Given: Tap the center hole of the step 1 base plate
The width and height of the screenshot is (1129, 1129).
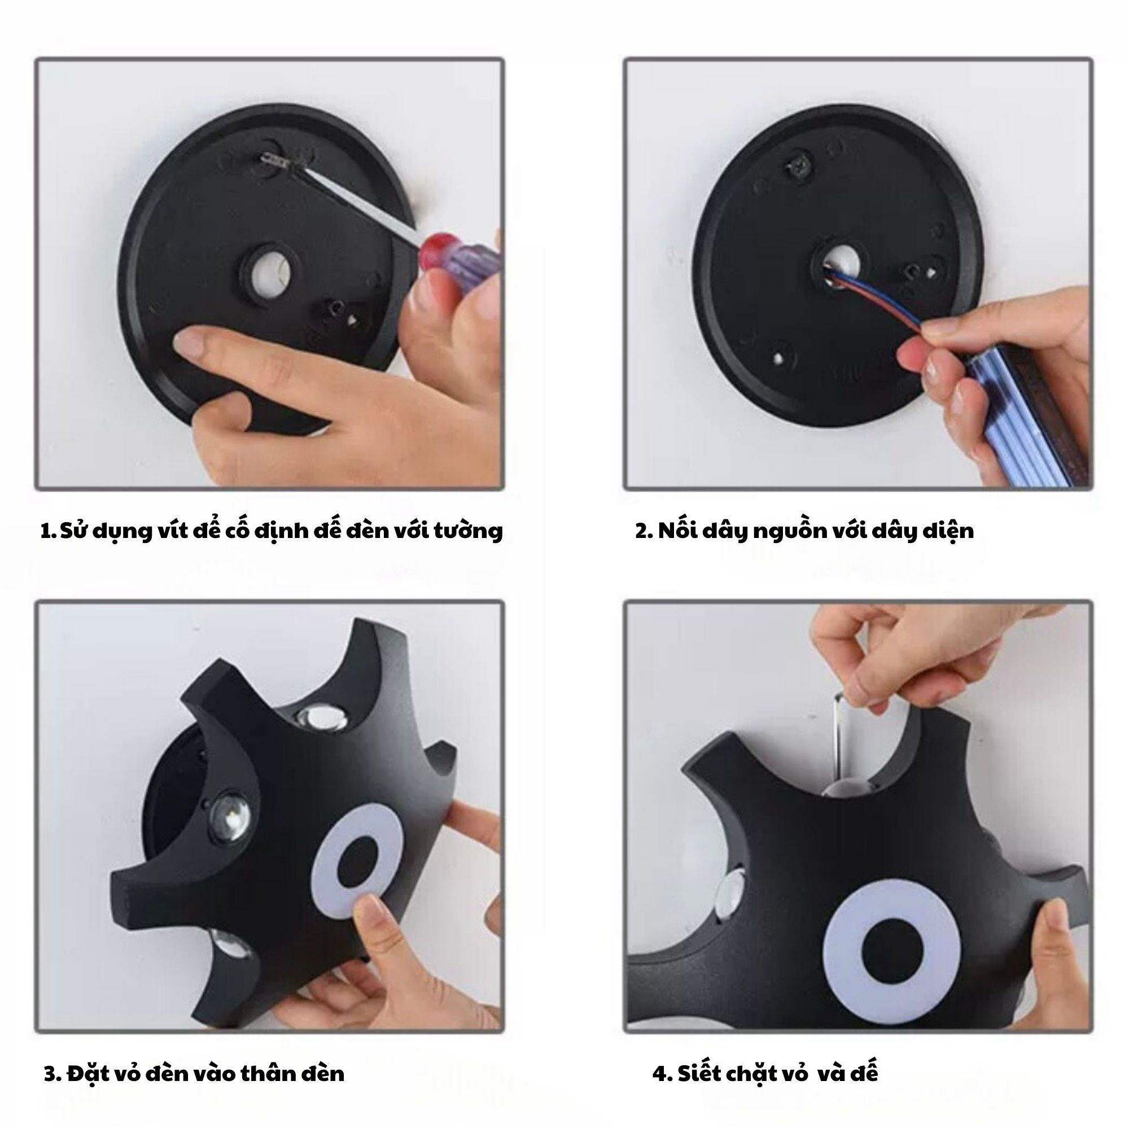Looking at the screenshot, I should click(267, 272).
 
